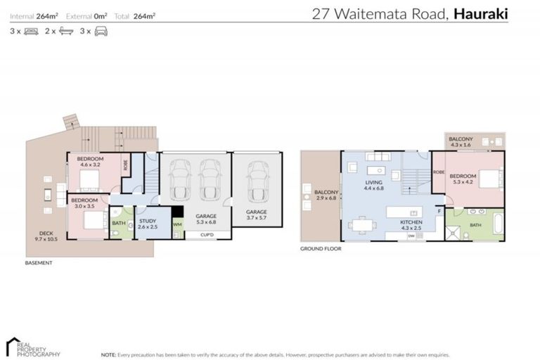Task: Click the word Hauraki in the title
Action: (482, 13)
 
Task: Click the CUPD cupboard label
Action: (206, 234)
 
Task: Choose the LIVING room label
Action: (373, 185)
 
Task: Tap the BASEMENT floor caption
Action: (39, 263)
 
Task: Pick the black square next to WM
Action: (177, 211)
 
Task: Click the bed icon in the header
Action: (31, 32)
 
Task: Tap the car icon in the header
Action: (101, 32)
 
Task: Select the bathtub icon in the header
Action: (66, 32)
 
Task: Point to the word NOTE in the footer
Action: (109, 355)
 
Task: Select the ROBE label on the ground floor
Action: (438, 172)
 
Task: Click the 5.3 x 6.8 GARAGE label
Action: (206, 219)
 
